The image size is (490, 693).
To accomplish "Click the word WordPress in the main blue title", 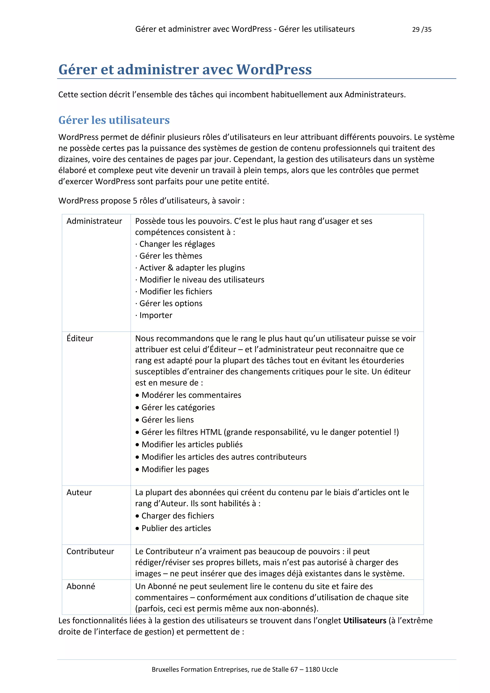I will click(x=274, y=70).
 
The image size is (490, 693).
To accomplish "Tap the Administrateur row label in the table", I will click(x=94, y=221).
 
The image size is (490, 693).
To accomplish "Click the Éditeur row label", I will click(x=80, y=338).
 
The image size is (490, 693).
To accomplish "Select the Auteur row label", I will click(x=79, y=492).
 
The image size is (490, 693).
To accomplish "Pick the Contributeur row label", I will click(x=90, y=551).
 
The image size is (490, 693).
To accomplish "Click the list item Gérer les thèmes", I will click(x=171, y=256).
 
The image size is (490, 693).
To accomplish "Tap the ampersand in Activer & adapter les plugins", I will click(x=171, y=268).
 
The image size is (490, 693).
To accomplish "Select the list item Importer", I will click(x=156, y=315).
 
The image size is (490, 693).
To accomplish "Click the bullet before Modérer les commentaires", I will click(x=137, y=395).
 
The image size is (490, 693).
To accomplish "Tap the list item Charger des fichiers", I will click(x=178, y=516).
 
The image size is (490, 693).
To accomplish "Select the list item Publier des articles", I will click(x=176, y=528).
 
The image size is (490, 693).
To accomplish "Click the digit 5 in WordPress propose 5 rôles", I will click(x=135, y=201).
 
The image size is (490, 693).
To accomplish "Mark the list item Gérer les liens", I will click(x=167, y=420).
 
